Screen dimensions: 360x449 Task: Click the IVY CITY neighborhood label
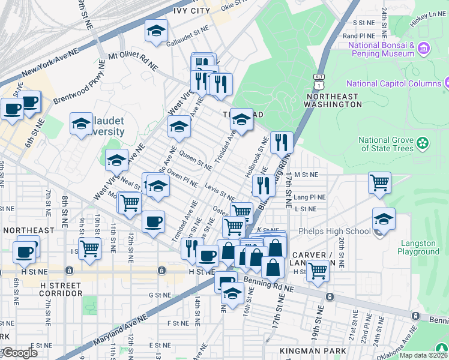click(191, 10)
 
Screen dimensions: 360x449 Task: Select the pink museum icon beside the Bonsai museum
click(424, 47)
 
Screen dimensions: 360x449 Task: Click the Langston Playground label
click(419, 247)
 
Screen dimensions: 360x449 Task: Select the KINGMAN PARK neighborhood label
click(313, 350)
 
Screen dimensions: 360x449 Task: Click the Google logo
click(20, 353)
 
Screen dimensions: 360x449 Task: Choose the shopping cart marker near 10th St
click(89, 247)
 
